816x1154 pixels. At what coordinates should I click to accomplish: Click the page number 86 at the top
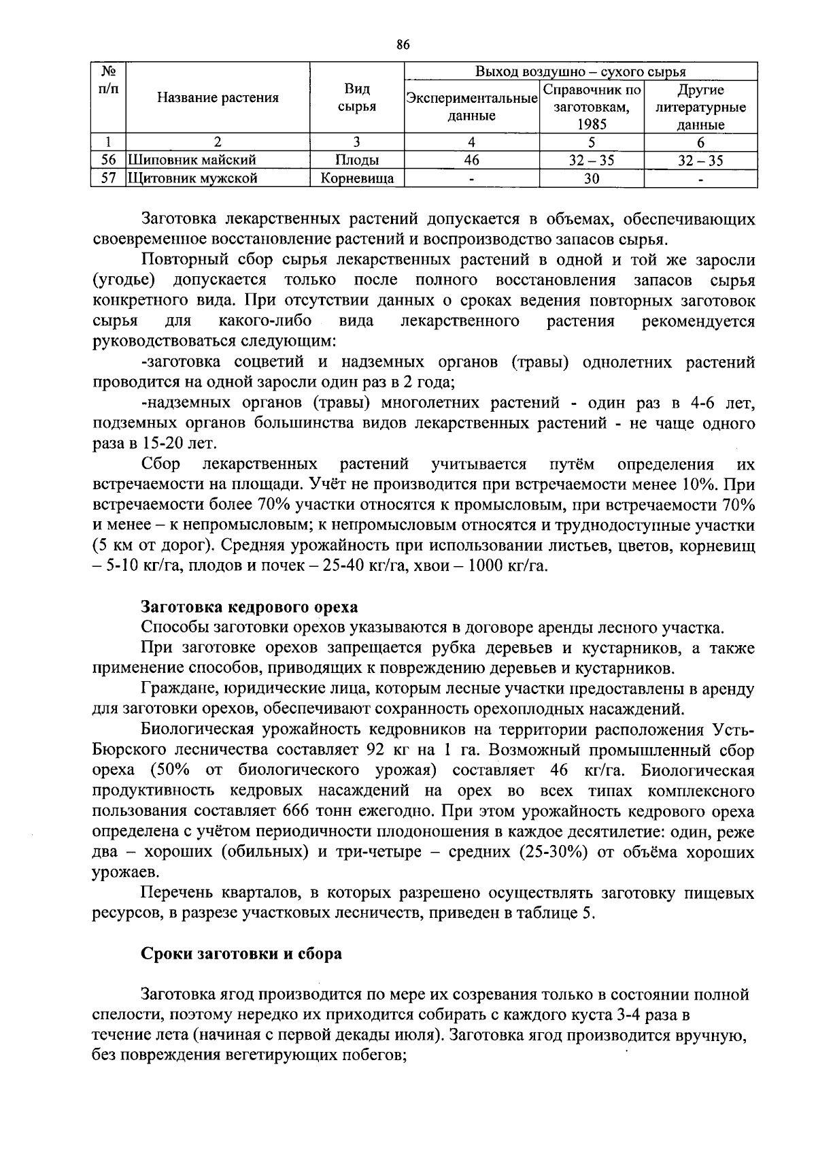(x=403, y=45)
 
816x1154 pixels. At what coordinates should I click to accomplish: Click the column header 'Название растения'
(x=218, y=98)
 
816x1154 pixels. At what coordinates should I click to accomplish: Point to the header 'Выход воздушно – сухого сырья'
(x=580, y=71)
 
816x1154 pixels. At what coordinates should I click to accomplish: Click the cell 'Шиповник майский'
(x=192, y=161)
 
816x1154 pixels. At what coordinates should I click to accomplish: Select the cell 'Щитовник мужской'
(x=193, y=178)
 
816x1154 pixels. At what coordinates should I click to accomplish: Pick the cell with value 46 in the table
(x=471, y=161)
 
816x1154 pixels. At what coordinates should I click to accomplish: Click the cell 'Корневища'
(x=356, y=178)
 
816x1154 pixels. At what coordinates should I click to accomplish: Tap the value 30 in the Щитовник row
(x=592, y=178)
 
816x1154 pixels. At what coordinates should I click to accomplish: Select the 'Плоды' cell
(x=356, y=161)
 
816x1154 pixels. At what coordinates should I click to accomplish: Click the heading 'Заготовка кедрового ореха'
(x=249, y=606)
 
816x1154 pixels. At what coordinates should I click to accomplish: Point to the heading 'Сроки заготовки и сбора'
(x=241, y=953)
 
